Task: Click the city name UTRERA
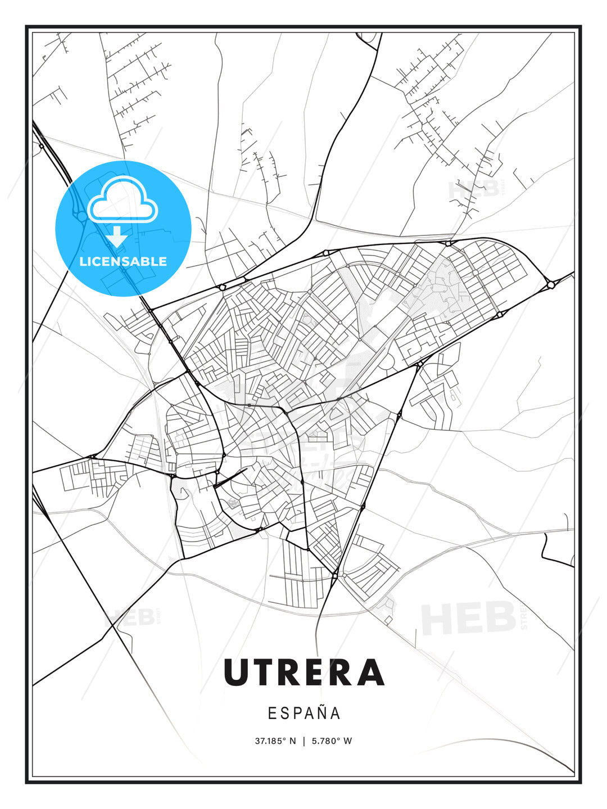click(x=303, y=672)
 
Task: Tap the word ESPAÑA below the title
click(x=304, y=713)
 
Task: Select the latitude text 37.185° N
click(x=275, y=741)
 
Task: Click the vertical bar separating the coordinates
click(x=304, y=741)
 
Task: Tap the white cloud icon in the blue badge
click(x=123, y=200)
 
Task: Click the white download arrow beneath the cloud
click(x=117, y=236)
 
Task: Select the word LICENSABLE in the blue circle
click(x=123, y=261)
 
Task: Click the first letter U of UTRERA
click(x=236, y=672)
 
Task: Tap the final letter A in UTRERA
click(x=371, y=672)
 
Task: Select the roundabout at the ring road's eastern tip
click(x=551, y=285)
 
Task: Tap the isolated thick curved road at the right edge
click(x=554, y=551)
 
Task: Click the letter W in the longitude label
click(x=348, y=741)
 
